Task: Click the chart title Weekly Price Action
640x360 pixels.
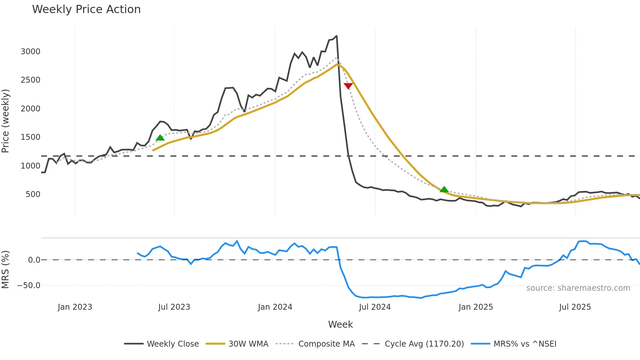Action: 86,9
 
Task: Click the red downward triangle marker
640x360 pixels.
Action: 348,86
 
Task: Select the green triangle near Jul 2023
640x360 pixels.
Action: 160,138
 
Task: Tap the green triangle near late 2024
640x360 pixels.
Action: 444,189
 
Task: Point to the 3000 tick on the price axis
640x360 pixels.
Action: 30,52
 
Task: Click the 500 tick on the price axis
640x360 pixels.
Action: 33,194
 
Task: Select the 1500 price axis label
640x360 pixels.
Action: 30,137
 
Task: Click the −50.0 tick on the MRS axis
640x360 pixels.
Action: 29,286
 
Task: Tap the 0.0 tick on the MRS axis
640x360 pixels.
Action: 34,260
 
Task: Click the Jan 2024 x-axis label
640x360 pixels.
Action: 275,307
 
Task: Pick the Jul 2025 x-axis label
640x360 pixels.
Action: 575,307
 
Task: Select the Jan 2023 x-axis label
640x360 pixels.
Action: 75,307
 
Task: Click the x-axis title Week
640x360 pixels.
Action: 340,324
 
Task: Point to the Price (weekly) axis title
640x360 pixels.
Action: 6,121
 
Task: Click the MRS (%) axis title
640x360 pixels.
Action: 6,270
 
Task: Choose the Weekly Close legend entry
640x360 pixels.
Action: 172,344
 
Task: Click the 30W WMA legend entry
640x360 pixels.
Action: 248,344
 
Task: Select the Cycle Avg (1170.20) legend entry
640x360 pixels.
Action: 424,344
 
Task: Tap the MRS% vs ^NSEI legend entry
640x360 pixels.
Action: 525,344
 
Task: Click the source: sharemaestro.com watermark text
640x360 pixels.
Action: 578,288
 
